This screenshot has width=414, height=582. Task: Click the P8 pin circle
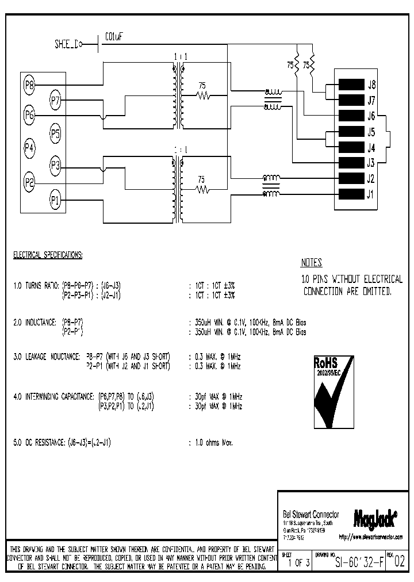coord(29,85)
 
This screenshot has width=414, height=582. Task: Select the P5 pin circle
coord(55,135)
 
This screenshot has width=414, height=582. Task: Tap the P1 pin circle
coord(55,200)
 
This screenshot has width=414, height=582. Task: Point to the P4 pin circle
coord(29,148)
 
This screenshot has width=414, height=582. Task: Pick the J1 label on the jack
coord(371,193)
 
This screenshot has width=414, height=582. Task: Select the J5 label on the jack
coord(371,131)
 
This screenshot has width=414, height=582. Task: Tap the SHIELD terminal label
coord(66,44)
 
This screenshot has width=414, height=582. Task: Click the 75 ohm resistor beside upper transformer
coord(202,95)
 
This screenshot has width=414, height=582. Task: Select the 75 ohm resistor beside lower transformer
coord(202,189)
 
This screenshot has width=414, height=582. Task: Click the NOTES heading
coord(311,263)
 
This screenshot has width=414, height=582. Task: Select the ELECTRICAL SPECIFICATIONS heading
coord(48,254)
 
